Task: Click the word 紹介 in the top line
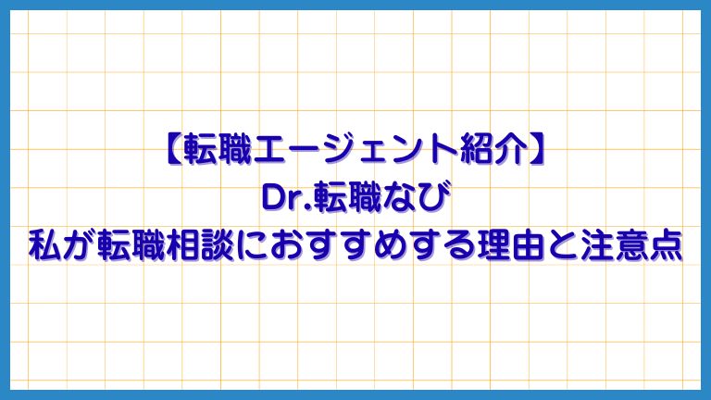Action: [488, 149]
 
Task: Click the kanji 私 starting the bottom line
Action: [44, 247]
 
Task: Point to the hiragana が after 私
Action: [79, 247]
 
